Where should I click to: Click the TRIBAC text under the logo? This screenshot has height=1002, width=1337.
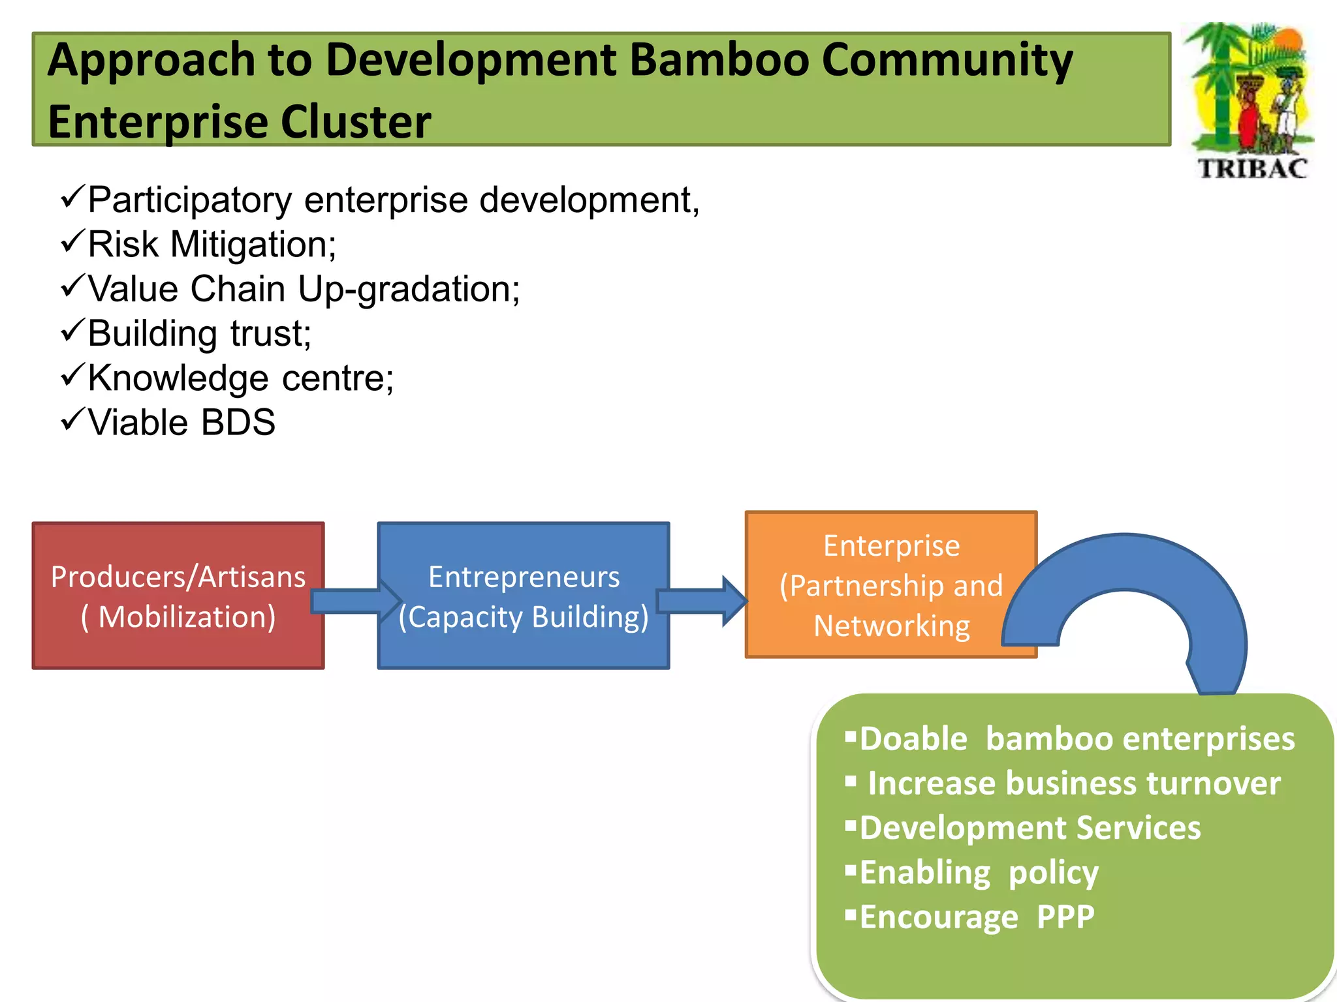point(1252,168)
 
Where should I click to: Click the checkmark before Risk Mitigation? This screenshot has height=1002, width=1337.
point(72,242)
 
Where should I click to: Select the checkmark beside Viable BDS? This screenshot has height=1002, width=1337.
point(72,420)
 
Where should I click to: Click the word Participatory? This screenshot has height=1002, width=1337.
point(189,200)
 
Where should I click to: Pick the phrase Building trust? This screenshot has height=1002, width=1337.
point(199,334)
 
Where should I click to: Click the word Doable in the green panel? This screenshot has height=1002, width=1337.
point(913,739)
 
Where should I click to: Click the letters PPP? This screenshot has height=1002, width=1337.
point(1065,917)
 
